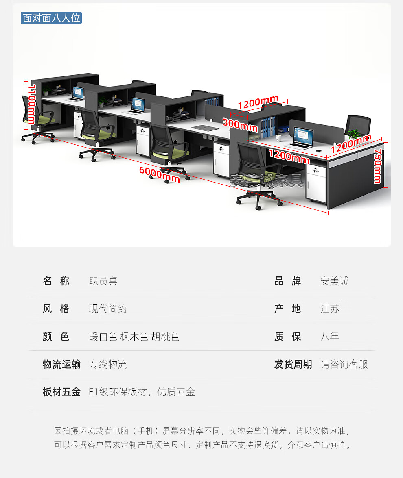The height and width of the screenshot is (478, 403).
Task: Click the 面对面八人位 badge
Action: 51,18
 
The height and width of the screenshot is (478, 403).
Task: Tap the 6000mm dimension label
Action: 159,174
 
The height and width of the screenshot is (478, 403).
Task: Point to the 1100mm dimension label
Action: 31,104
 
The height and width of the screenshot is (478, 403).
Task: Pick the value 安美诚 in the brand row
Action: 334,281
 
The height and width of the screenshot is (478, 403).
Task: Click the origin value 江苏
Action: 329,309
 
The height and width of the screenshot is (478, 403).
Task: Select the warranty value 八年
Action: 329,337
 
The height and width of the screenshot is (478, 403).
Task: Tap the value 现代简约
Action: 108,309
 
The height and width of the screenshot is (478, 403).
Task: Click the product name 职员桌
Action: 103,281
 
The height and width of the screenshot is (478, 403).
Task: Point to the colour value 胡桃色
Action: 165,337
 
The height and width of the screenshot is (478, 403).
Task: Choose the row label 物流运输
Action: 61,364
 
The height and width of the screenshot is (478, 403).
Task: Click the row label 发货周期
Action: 293,364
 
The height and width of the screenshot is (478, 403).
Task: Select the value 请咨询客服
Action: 344,364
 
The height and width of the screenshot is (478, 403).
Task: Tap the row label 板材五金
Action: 61,392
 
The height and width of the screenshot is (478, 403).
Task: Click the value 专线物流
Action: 108,364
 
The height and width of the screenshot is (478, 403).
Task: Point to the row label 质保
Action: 287,337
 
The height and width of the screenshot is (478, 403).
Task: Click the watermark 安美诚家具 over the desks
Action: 267,180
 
